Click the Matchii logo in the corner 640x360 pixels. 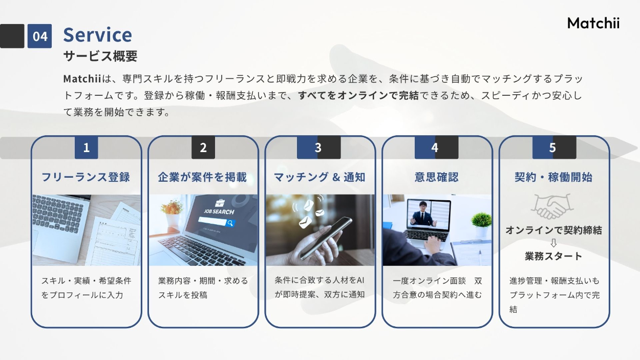pos(593,23)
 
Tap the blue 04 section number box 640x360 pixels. pos(39,36)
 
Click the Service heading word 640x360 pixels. pos(97,35)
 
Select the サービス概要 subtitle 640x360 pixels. pos(100,56)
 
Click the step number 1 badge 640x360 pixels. pos(87,147)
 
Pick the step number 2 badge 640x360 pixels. pos(203,147)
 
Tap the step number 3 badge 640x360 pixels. pos(318,147)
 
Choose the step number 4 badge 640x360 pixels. pos(436,147)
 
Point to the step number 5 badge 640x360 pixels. pos(554,147)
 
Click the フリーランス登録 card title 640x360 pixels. pos(86,177)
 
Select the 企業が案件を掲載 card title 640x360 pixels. pos(202,177)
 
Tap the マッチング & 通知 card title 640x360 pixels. pos(319,177)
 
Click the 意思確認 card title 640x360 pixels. pos(437,177)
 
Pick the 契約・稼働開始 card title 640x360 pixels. pos(553,177)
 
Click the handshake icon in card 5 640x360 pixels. pos(552,206)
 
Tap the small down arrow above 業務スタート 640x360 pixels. pos(553,243)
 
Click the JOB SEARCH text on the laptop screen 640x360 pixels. pos(219,211)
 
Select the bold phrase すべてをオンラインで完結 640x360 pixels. pos(358,95)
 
